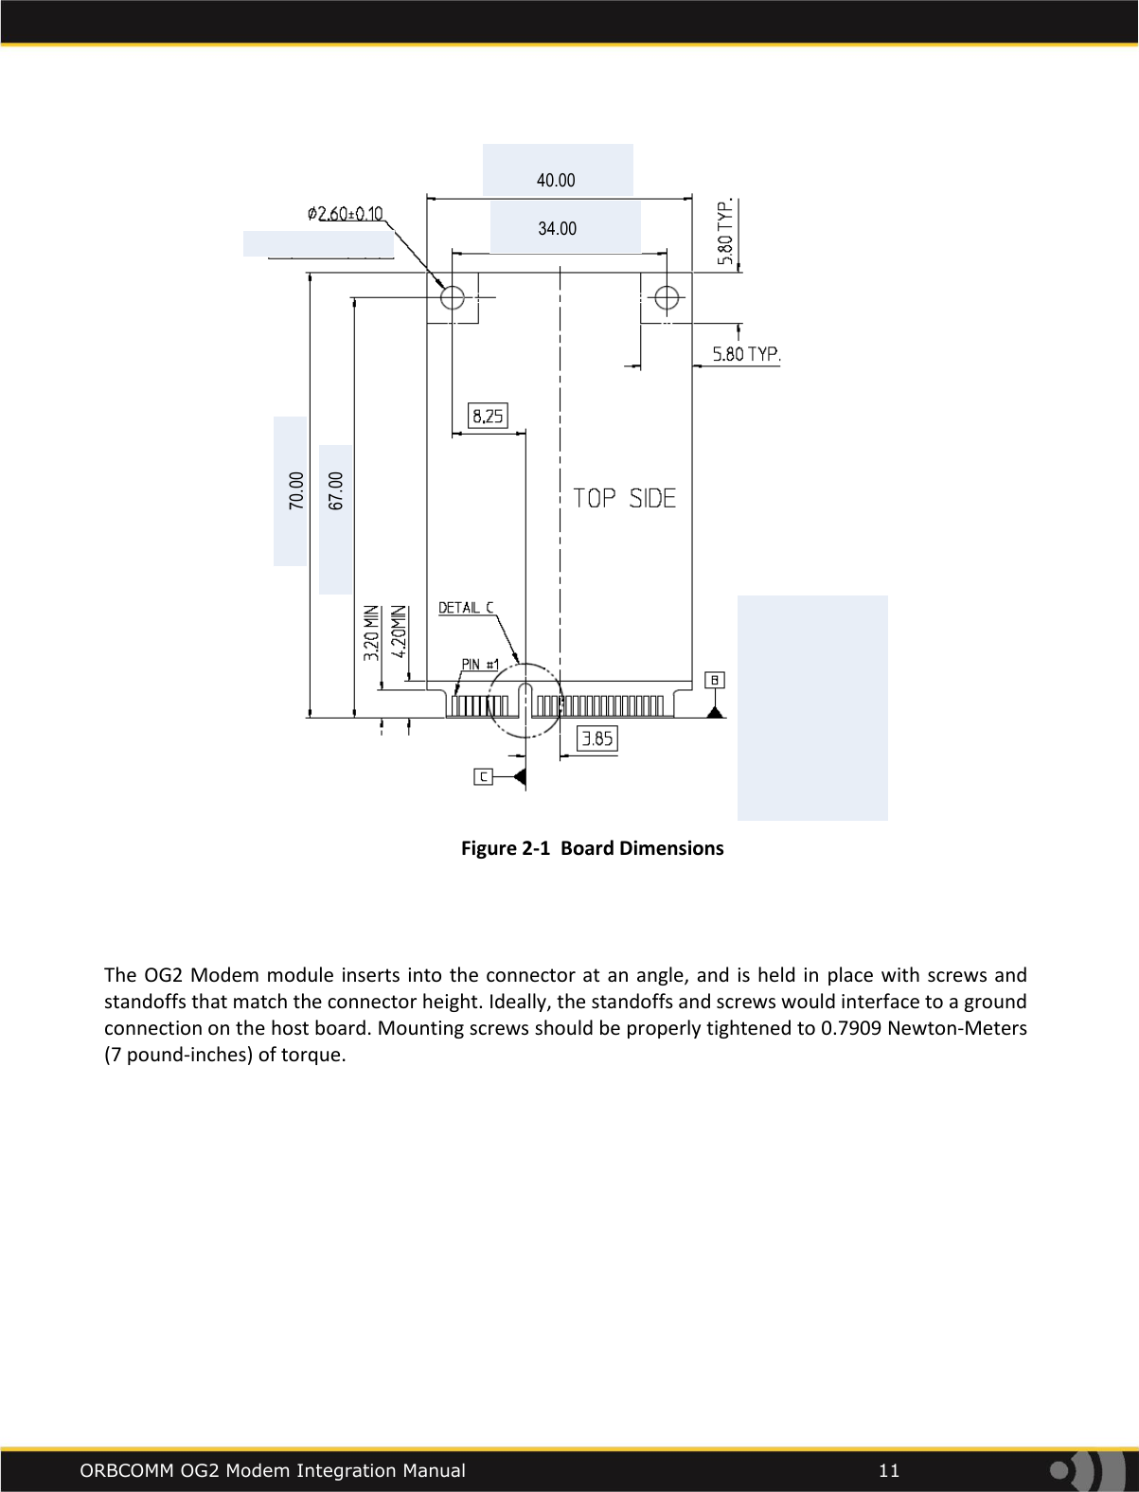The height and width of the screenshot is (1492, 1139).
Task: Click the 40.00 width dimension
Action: [x=556, y=180]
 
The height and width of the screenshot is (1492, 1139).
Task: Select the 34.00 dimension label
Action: [x=557, y=228]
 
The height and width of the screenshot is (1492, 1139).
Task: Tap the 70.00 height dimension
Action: [x=297, y=491]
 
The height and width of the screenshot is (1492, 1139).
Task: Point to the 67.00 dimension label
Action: [x=336, y=491]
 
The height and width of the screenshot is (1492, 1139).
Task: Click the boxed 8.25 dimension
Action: [x=488, y=416]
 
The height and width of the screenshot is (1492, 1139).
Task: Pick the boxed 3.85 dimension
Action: [x=597, y=738]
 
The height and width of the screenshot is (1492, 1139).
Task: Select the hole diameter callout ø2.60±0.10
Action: [x=346, y=215]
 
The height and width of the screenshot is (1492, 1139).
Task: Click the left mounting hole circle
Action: [x=453, y=297]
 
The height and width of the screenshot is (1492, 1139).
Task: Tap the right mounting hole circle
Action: [x=667, y=297]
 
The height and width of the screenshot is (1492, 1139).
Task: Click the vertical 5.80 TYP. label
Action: [x=726, y=232]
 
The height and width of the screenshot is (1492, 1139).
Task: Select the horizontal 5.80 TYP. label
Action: [x=746, y=354]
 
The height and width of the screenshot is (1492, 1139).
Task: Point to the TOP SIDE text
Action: [x=625, y=498]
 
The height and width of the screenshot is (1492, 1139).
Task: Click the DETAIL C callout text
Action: [x=466, y=608]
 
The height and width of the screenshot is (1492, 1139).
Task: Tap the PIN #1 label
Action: [x=480, y=665]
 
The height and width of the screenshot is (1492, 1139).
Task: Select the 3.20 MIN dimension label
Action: [x=371, y=632]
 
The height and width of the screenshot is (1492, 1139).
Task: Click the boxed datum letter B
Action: [x=716, y=680]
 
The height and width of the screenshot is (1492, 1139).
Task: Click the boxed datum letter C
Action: [x=484, y=776]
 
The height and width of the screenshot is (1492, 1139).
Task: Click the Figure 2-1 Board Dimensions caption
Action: [x=592, y=848]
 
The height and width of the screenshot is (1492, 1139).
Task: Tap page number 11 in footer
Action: [x=888, y=1470]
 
